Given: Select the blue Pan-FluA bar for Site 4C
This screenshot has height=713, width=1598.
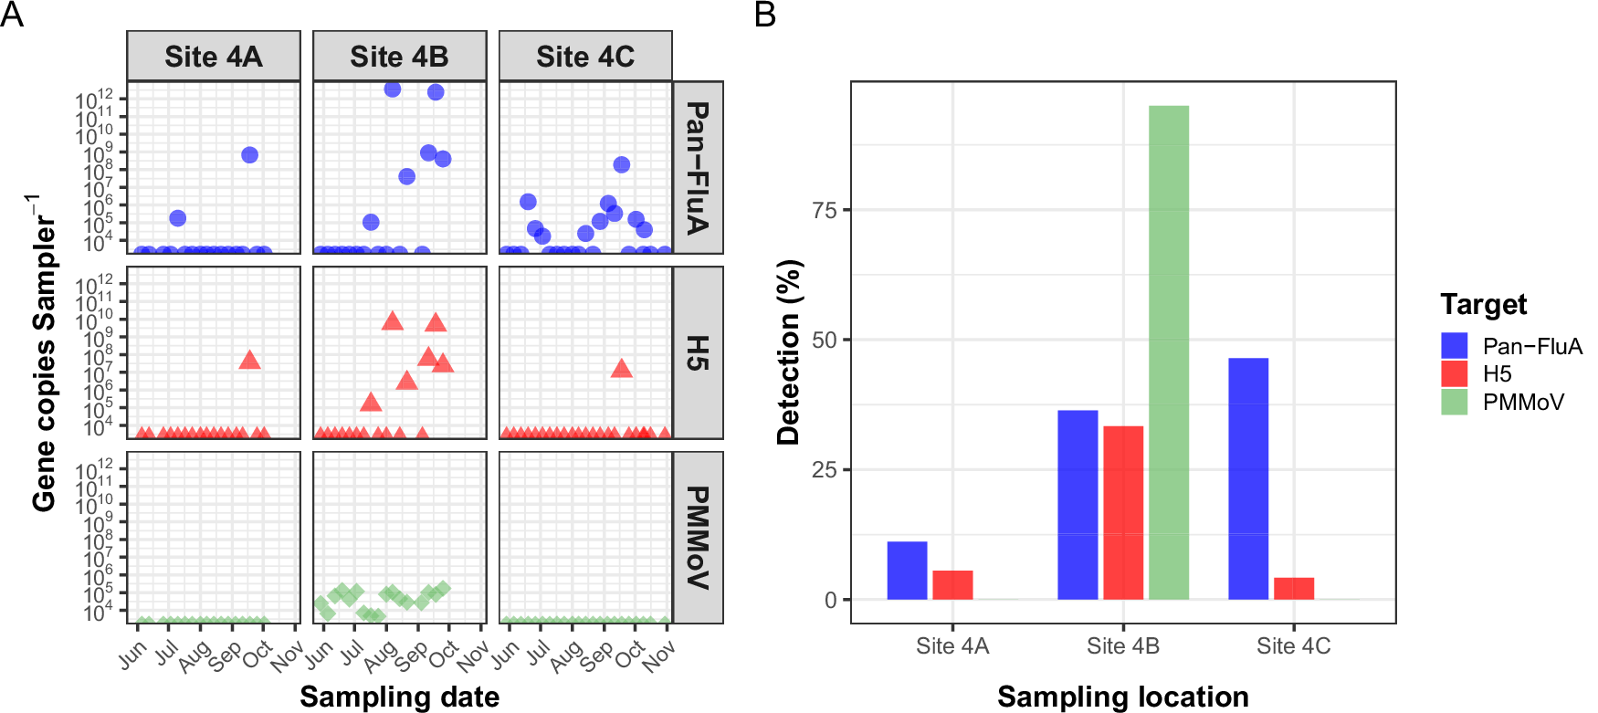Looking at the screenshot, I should [x=1247, y=478].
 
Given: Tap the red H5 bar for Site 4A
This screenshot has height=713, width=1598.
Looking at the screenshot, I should [x=952, y=585].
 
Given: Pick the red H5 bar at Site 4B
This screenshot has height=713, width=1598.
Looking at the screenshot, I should [x=1122, y=512].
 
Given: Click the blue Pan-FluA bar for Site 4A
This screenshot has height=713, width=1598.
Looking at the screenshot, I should [x=907, y=571].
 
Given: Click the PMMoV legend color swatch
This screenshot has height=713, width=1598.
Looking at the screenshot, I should [x=1454, y=402].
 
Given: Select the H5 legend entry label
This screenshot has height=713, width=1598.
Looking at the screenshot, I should [x=1497, y=374].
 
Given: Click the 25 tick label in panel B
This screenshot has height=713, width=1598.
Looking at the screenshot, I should [x=824, y=470].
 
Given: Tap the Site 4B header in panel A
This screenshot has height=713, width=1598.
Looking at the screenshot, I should [x=399, y=57].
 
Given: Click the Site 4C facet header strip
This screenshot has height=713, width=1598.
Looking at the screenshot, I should [x=585, y=57].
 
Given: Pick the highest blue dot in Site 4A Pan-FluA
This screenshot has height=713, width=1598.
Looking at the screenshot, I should [x=249, y=155].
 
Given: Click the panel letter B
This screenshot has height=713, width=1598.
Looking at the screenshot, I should [x=765, y=15].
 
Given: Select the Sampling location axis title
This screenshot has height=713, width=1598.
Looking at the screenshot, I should [x=1122, y=697].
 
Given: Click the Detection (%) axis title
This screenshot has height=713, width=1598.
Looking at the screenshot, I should [x=788, y=352].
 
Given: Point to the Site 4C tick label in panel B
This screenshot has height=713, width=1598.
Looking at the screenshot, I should [x=1293, y=646].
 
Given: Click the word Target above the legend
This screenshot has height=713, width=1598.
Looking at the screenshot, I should [x=1483, y=304].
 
